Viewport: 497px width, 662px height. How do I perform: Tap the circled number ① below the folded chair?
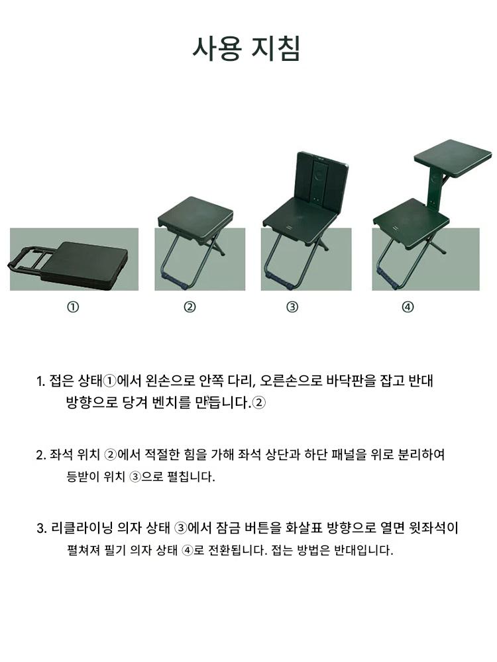tap(73, 307)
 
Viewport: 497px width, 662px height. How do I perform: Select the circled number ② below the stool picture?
tap(190, 307)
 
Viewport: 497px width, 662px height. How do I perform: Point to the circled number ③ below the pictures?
tap(292, 307)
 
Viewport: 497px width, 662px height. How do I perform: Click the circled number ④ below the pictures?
tap(408, 307)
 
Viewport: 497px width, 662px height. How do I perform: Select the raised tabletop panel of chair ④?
tap(453, 157)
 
